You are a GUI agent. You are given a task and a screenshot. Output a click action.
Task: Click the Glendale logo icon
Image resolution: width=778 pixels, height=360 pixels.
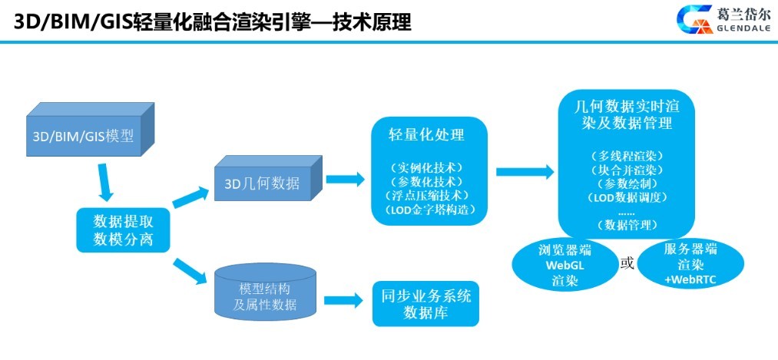tap(694, 19)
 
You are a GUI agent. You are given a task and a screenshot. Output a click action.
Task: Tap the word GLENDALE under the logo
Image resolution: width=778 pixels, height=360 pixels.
tap(743, 28)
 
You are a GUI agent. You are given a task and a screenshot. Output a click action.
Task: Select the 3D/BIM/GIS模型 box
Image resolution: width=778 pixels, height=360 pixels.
tap(91, 130)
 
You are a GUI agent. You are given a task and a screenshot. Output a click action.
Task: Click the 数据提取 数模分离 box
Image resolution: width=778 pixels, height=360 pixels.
tap(123, 230)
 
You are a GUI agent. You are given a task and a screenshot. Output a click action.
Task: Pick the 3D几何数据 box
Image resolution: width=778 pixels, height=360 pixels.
tap(268, 177)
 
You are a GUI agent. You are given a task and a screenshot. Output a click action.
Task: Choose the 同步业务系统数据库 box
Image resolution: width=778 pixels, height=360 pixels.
tap(425, 304)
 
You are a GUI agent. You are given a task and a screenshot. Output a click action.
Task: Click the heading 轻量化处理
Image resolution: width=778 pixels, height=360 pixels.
tap(427, 135)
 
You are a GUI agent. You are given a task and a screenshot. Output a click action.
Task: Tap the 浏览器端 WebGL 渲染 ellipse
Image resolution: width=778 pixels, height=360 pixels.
tap(564, 265)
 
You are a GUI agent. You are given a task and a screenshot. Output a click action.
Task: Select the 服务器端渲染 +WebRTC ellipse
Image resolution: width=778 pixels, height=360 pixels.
tap(690, 263)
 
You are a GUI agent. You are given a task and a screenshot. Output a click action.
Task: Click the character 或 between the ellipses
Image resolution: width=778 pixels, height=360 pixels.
tap(627, 263)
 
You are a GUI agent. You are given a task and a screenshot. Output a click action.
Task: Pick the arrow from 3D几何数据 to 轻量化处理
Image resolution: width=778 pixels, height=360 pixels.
tap(345, 178)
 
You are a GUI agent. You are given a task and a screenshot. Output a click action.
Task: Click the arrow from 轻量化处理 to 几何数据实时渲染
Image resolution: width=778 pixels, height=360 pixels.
tap(525, 171)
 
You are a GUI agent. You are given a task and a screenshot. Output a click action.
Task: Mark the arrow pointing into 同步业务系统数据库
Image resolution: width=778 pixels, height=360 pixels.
tap(344, 300)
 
